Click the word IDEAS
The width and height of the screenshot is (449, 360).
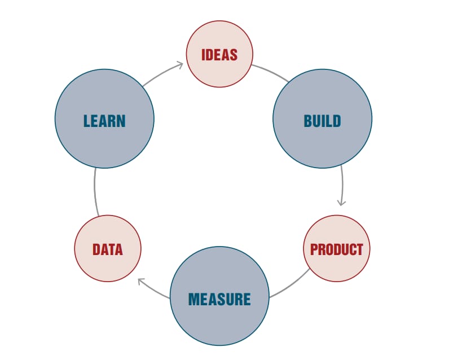coord(219,55)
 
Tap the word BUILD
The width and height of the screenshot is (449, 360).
coord(322,121)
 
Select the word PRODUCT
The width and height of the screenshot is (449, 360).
coord(337,249)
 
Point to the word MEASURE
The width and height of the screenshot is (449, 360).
coord(219,298)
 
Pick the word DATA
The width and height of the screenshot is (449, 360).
coord(107,249)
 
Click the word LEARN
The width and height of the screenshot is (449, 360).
coord(104,121)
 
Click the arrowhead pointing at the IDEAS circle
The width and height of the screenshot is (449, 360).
coord(180,64)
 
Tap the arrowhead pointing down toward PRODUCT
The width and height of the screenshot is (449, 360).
coord(341,202)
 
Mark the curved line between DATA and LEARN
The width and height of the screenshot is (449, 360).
coord(95,192)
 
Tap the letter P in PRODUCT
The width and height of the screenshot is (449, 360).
coord(314,249)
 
